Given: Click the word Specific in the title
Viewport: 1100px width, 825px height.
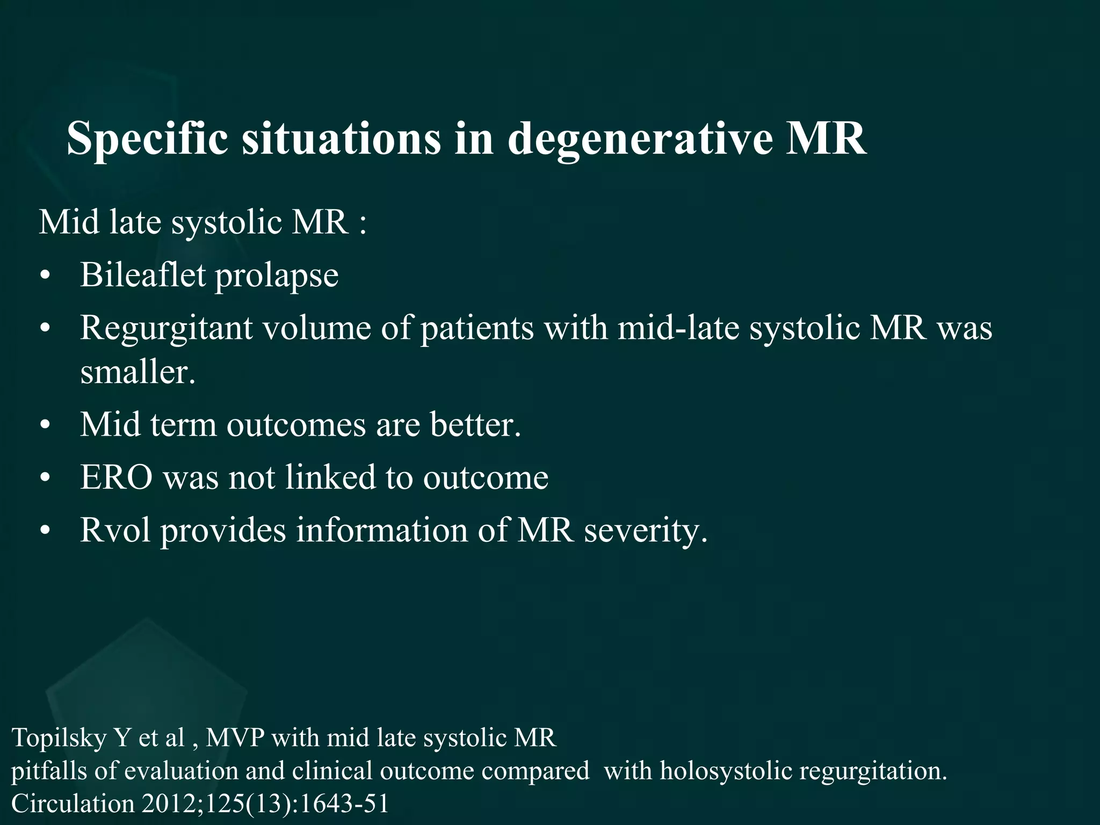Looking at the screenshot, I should pyautogui.click(x=147, y=139).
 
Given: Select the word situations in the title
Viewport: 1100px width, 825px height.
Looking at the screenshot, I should pyautogui.click(x=341, y=139).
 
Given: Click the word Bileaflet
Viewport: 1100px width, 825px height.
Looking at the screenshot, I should pyautogui.click(x=143, y=275).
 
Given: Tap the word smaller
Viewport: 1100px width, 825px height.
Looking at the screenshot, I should pyautogui.click(x=137, y=372).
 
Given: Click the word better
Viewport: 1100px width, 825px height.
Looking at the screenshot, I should pyautogui.click(x=475, y=424).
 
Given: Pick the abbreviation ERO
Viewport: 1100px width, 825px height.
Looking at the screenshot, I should pyautogui.click(x=116, y=477).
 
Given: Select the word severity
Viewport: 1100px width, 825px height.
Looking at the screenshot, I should pyautogui.click(x=646, y=531).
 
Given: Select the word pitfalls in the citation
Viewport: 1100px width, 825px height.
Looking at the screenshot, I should pyautogui.click(x=48, y=771).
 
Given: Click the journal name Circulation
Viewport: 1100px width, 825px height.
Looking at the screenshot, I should pyautogui.click(x=73, y=804).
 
